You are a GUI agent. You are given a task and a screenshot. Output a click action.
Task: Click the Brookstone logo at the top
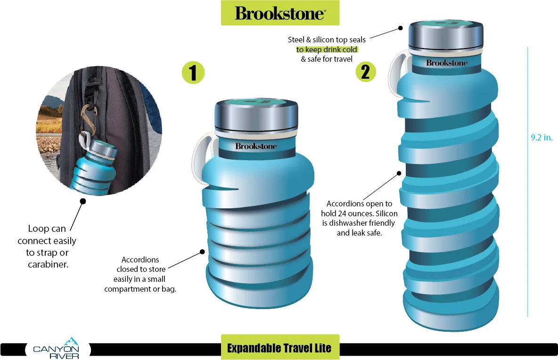tap(280, 13)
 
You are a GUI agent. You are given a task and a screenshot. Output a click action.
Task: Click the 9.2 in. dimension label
tap(541, 138)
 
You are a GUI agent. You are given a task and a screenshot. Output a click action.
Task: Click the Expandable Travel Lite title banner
tap(279, 348)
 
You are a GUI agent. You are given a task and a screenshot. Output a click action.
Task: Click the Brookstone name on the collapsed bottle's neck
tap(256, 146)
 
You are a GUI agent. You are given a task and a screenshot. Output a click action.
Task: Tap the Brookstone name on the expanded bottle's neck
tap(447, 63)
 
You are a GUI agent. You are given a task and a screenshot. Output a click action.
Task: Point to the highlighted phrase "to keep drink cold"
tap(327, 49)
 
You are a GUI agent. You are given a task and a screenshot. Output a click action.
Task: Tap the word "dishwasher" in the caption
tap(349, 223)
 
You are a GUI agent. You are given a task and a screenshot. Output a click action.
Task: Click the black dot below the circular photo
tap(83, 201)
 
